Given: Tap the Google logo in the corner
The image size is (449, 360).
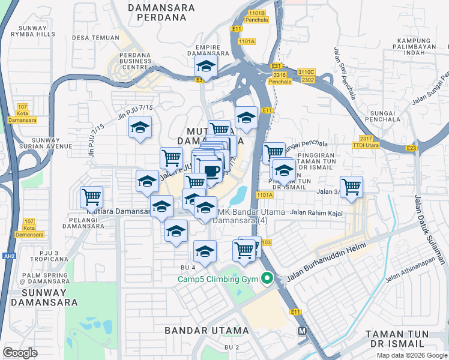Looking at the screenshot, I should (x=20, y=353).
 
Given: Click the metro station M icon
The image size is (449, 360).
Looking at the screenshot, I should (x=303, y=331).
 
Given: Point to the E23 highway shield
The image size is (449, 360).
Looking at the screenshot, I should (x=411, y=148).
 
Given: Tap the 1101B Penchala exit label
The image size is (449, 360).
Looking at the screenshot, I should (x=256, y=16).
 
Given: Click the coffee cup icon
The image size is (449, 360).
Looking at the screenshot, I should (x=212, y=171).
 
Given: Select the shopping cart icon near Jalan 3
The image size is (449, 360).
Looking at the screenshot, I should (x=351, y=186).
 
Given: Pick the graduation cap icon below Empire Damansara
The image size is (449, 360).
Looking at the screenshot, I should (x=206, y=67).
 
